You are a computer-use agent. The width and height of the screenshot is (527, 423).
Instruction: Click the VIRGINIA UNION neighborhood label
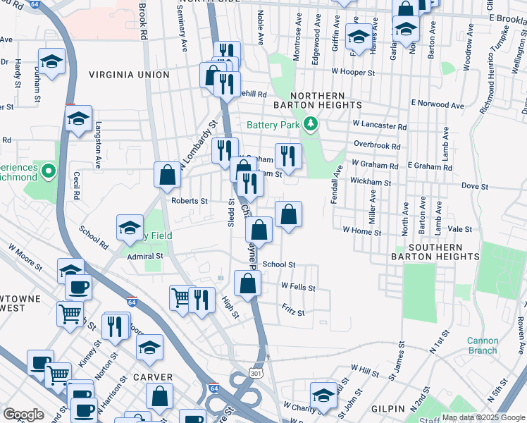(x=129, y=75)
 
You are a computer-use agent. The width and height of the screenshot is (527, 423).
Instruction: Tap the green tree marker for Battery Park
(x=311, y=125)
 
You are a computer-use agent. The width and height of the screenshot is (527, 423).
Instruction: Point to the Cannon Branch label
(x=483, y=345)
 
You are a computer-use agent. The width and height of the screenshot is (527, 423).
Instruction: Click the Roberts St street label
(x=190, y=201)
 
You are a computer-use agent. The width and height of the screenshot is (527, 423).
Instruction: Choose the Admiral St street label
(x=146, y=257)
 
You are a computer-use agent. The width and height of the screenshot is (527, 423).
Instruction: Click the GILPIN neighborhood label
(x=385, y=409)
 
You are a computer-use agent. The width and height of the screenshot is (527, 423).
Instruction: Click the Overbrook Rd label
(x=377, y=147)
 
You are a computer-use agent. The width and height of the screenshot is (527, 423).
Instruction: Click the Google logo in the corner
(x=23, y=415)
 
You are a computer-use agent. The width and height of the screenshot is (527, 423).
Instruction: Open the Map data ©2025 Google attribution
(x=483, y=417)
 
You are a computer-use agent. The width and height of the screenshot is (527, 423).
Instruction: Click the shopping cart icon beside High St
(x=182, y=298)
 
